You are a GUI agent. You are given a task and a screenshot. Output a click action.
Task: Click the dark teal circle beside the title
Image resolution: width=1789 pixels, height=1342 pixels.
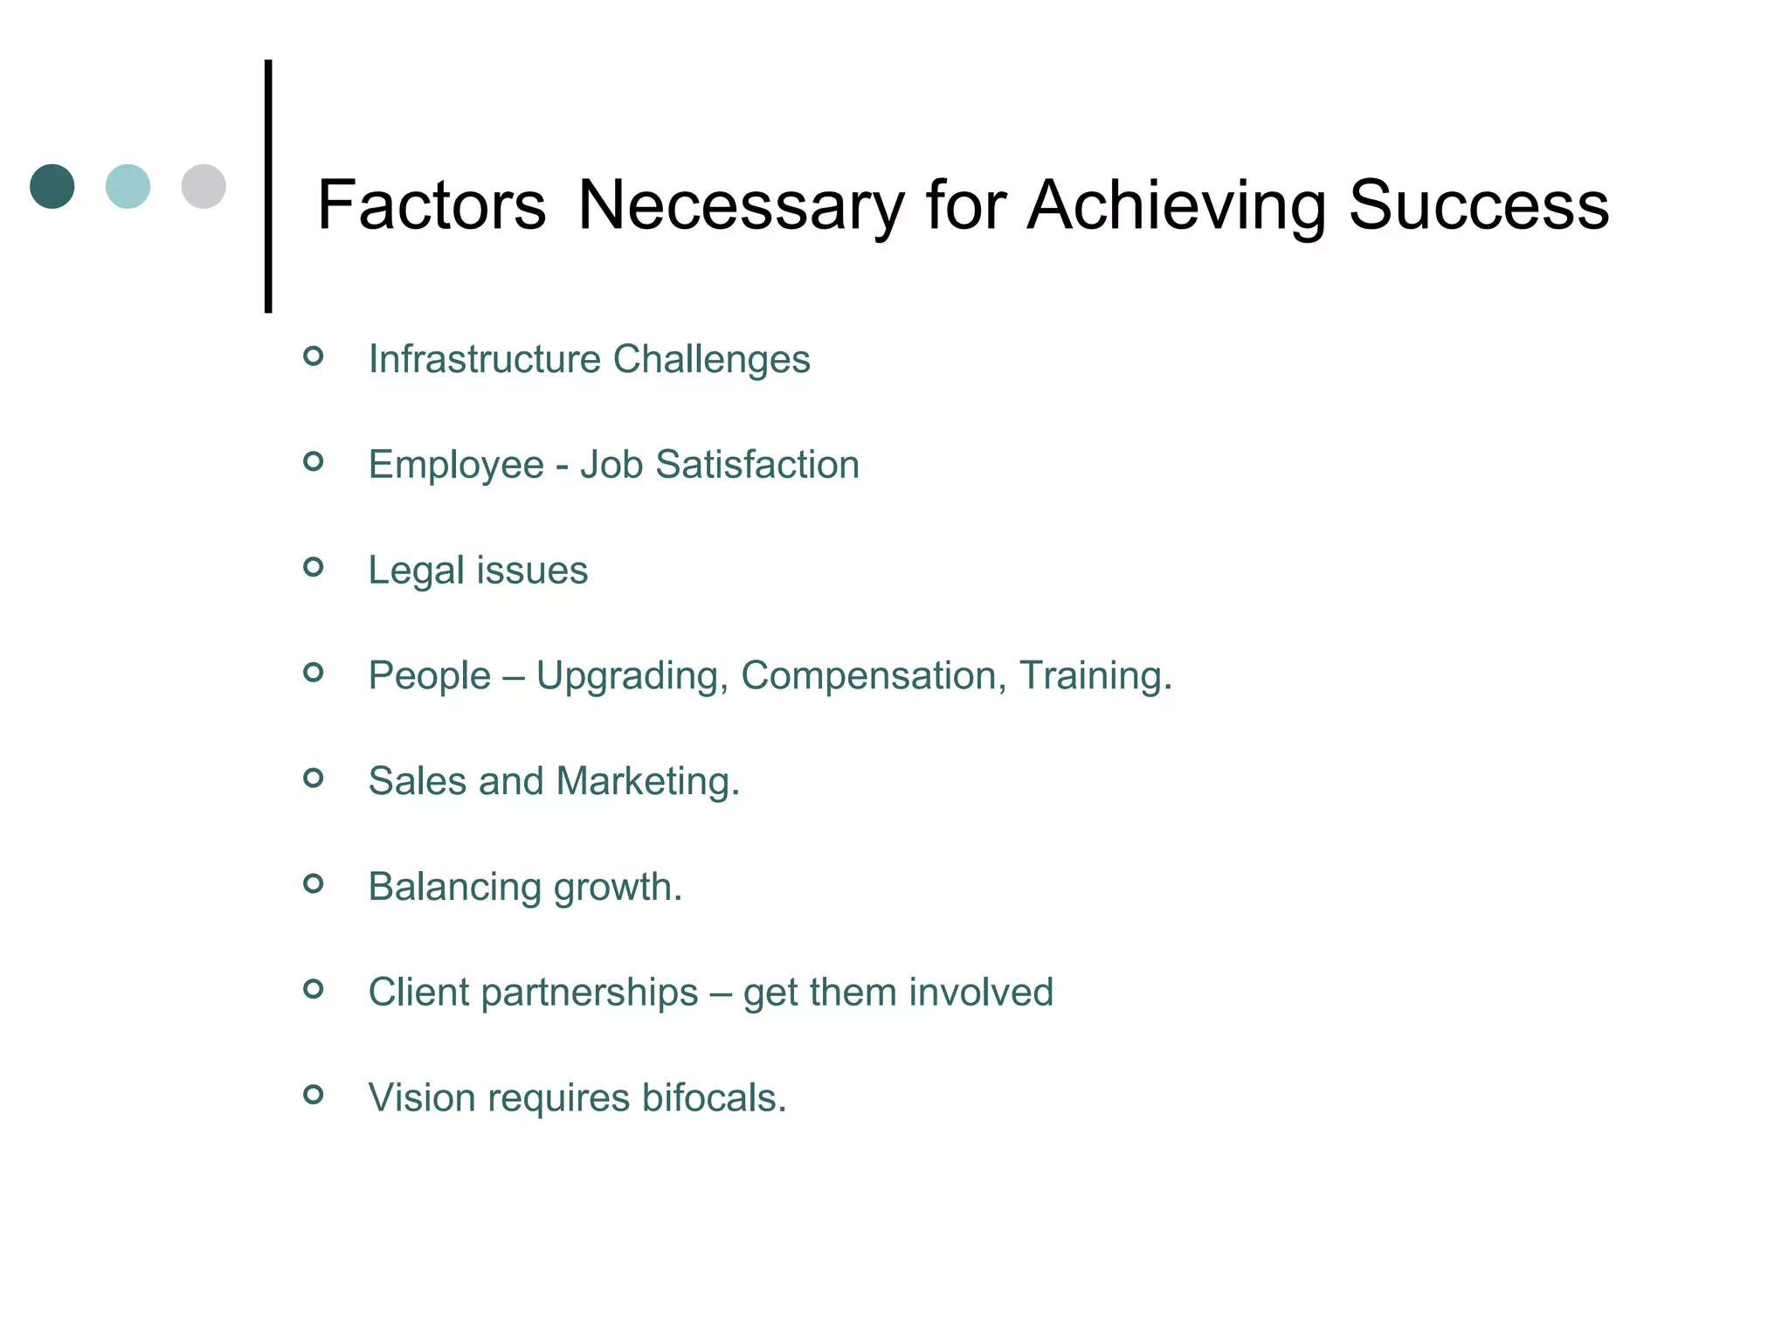52,186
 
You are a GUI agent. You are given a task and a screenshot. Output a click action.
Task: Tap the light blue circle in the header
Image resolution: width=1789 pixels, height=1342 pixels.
128,186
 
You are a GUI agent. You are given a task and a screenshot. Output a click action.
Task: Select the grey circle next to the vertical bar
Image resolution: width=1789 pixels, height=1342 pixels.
204,186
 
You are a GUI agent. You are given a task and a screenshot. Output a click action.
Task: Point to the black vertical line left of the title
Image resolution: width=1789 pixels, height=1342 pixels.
268,185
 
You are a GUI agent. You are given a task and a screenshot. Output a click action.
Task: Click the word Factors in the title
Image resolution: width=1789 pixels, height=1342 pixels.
432,205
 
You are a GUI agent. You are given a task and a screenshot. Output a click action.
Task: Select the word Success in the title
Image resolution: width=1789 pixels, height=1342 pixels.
1478,205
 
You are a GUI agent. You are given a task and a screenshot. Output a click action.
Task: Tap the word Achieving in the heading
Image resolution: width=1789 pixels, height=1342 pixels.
1176,207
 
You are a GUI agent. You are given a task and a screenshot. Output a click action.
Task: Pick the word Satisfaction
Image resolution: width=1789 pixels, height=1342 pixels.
757,464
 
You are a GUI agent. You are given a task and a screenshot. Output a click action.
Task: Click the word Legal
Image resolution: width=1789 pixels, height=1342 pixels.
416,571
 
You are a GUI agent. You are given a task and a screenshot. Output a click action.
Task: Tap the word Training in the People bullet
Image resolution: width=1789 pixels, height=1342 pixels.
1095,676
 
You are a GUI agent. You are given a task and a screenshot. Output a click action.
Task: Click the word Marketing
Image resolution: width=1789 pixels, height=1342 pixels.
647,781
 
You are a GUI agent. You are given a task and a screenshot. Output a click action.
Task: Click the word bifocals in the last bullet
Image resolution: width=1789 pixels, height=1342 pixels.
714,1097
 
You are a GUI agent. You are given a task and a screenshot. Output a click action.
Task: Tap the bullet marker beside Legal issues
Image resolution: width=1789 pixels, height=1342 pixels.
314,567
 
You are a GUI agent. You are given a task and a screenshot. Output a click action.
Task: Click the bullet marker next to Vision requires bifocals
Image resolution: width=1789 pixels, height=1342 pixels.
314,1094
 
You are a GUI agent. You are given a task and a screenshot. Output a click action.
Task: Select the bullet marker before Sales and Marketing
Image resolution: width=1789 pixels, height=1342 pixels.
314,778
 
